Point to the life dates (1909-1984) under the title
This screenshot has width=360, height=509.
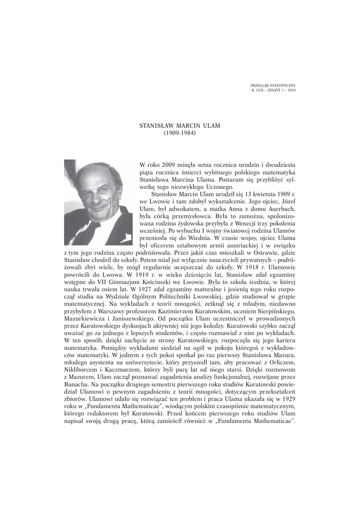click(x=180, y=133)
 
